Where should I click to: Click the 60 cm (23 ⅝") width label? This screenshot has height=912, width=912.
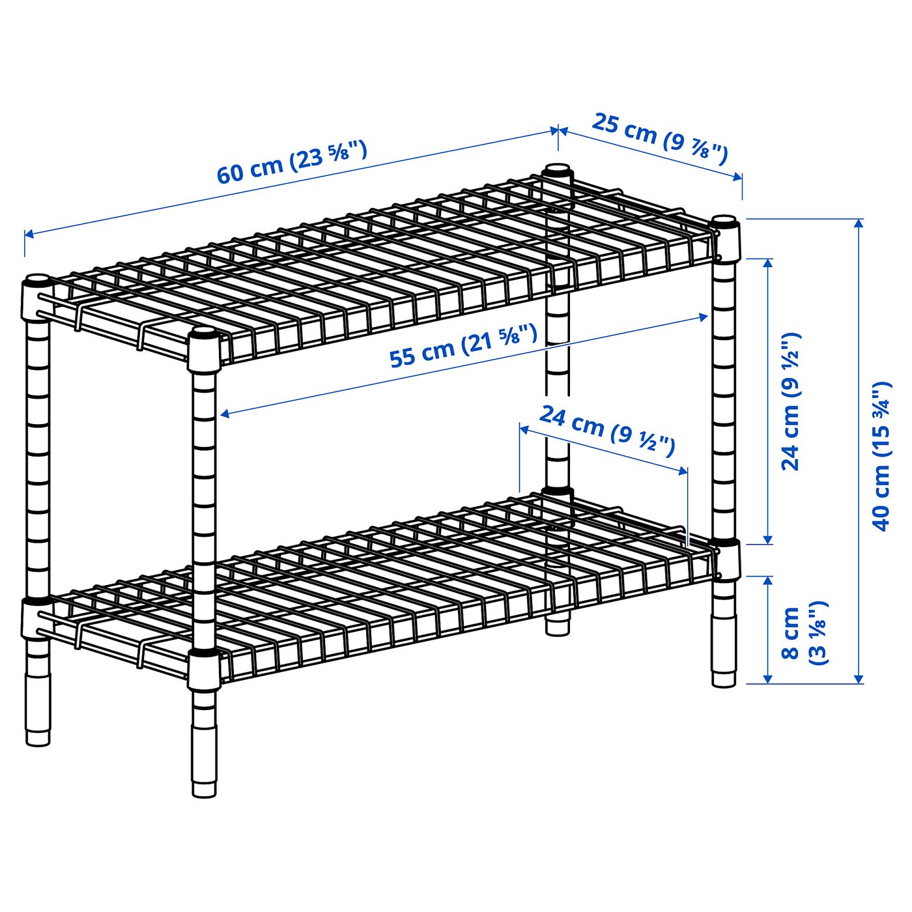[292, 162]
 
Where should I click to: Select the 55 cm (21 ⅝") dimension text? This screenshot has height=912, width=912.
[463, 348]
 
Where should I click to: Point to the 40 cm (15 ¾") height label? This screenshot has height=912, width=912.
[880, 456]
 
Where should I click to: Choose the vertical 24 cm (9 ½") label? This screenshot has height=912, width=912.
[791, 401]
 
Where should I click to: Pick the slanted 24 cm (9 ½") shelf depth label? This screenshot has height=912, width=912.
[606, 430]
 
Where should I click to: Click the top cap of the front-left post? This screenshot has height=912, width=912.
[36, 283]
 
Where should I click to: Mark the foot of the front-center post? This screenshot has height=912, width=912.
[204, 788]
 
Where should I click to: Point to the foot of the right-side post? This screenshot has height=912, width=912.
[723, 679]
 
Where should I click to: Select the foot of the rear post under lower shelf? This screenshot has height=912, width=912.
[556, 627]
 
